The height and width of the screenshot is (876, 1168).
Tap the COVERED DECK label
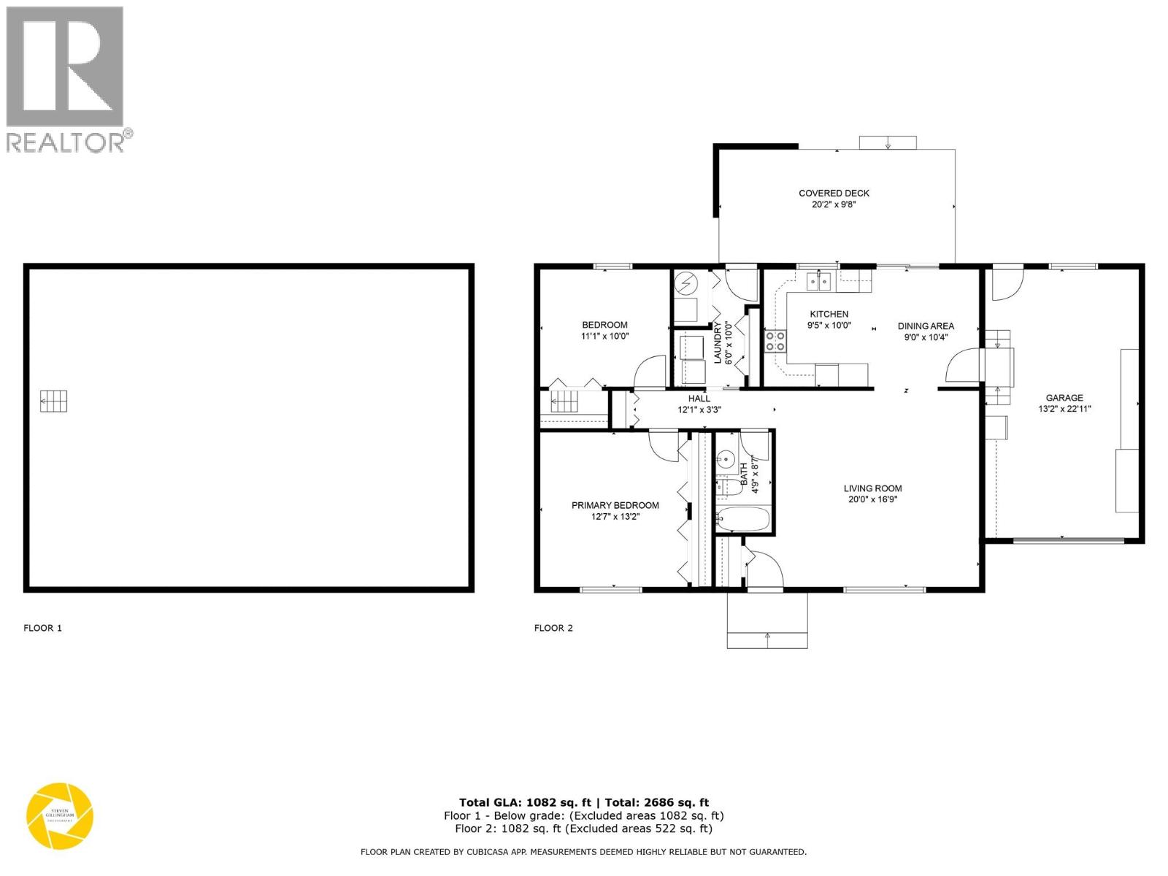834,193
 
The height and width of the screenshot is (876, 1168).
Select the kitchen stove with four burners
775,341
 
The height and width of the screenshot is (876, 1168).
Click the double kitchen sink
820,281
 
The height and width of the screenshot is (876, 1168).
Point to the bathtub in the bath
743,520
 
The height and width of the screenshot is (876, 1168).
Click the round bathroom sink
726,460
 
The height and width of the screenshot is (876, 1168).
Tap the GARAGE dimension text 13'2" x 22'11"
1064,410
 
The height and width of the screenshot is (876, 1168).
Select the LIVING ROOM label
872,488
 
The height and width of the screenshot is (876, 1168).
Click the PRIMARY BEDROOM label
615,505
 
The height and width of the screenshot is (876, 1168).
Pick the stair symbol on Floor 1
53,401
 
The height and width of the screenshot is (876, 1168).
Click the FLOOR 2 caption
553,628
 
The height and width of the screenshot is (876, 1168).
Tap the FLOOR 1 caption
43,628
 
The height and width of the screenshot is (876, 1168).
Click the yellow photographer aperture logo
60,816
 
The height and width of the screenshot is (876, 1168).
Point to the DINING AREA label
926,326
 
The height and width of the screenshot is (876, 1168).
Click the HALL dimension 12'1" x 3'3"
699,410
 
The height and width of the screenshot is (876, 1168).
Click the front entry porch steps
767,620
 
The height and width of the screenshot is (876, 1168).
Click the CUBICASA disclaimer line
583,852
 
